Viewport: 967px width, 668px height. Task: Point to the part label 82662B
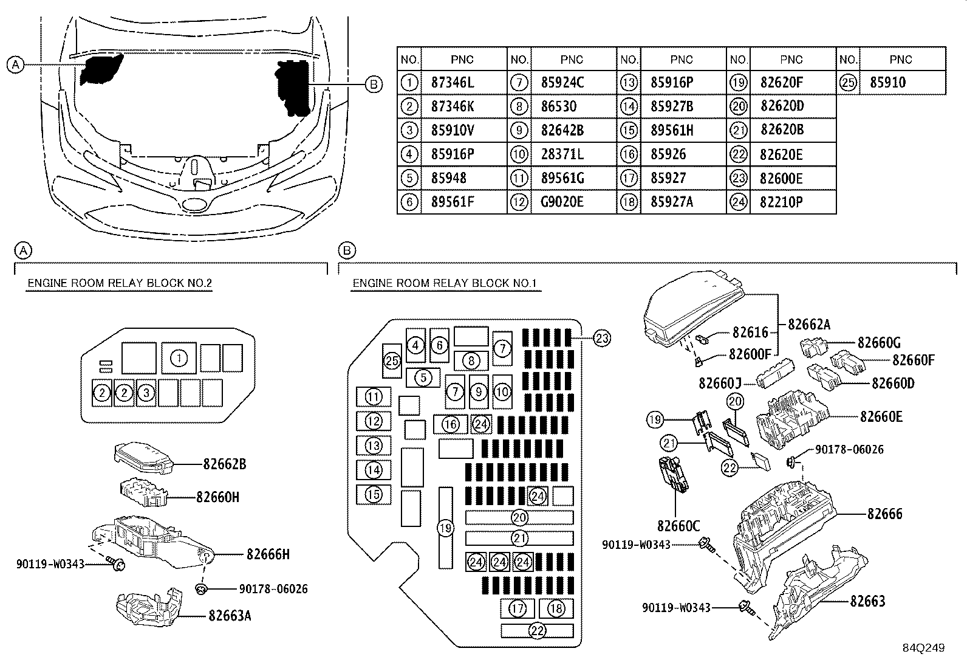coord(225,464)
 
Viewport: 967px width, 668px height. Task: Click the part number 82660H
coord(217,497)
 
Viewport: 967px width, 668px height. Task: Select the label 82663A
coord(230,616)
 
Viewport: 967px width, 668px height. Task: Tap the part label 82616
coord(750,332)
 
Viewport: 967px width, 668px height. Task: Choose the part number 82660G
coord(879,343)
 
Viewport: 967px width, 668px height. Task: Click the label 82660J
coord(720,384)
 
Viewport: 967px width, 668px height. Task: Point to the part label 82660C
coord(678,526)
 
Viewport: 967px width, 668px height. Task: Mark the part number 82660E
coord(881,416)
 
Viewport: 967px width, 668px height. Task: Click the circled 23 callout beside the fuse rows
coord(602,339)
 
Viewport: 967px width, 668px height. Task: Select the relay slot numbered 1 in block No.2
coord(179,358)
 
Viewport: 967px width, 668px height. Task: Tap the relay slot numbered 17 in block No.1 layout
coord(517,609)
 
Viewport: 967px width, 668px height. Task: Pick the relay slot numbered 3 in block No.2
coord(146,393)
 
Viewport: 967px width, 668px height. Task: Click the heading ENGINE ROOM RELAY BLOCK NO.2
coord(120,283)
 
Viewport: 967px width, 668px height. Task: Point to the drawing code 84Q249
coord(923,648)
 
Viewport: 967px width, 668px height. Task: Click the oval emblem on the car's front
coord(195,204)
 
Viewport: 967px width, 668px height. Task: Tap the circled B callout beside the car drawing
coord(374,84)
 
